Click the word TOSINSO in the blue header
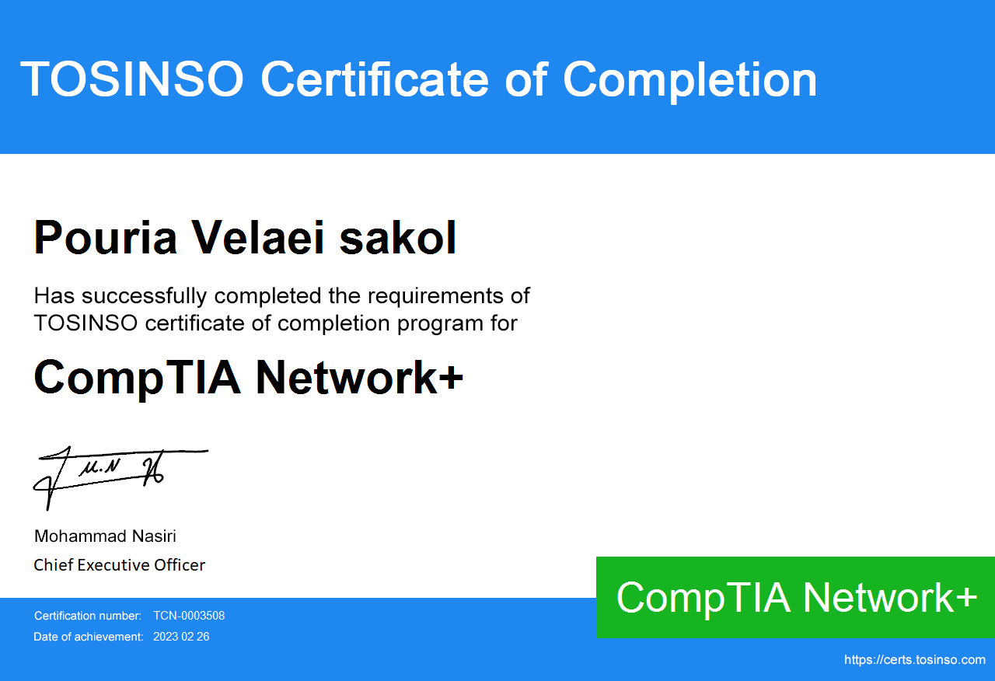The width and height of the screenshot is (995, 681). point(132,79)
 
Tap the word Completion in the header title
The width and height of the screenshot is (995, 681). point(690,82)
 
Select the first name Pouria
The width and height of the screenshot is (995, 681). point(106,238)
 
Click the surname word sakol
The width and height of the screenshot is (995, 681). point(397,238)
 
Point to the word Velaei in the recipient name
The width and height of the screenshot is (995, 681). point(258,238)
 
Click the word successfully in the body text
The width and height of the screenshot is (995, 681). point(145,296)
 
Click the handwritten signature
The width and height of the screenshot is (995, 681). point(120,477)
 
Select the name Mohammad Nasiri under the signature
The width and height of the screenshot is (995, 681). point(105,536)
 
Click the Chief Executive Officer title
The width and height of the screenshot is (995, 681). point(120,565)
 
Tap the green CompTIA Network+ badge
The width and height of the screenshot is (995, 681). point(795,598)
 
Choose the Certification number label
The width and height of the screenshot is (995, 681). point(88,616)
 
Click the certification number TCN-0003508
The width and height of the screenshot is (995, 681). point(189,616)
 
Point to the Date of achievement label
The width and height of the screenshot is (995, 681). point(89,637)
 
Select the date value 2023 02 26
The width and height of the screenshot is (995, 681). point(181,637)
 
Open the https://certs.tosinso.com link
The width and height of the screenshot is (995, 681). point(915,660)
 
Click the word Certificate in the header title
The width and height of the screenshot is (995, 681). point(375,79)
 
